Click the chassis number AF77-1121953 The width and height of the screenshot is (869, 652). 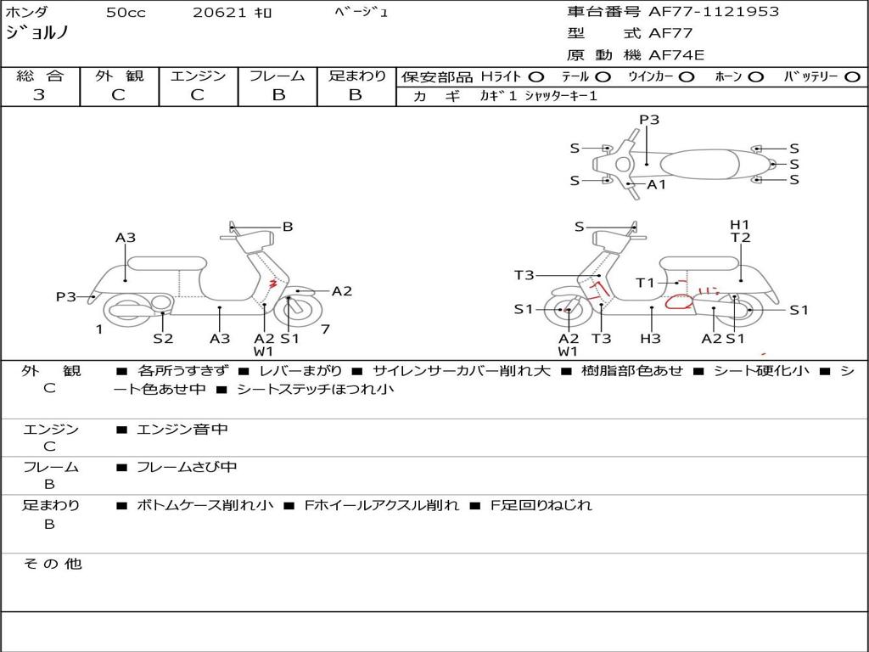[x=701, y=12]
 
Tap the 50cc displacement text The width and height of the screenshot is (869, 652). [x=126, y=13]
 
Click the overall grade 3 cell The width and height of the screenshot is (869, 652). [x=39, y=95]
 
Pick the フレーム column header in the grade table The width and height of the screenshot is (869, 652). [x=278, y=76]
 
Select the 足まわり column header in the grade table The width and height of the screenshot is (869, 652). [x=356, y=76]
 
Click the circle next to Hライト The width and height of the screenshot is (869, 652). [x=536, y=76]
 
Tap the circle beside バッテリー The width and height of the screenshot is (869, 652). [x=852, y=76]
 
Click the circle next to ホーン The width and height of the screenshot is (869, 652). [x=755, y=76]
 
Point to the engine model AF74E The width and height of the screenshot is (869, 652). [x=676, y=55]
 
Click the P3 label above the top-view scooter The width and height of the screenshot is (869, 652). [x=649, y=120]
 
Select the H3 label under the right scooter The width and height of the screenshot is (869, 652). [x=650, y=338]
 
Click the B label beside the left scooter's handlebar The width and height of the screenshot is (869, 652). [x=288, y=227]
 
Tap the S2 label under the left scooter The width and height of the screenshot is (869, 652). [x=163, y=338]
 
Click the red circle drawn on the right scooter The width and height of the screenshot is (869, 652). [x=679, y=301]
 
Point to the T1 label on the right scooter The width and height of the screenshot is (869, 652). [x=645, y=283]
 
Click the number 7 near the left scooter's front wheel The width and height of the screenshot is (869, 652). [x=325, y=329]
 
